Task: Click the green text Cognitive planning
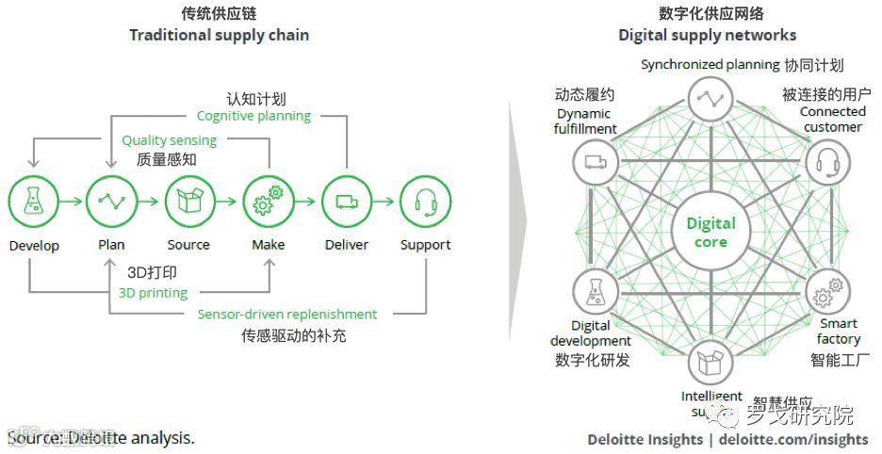(x=253, y=116)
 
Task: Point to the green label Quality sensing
(x=169, y=140)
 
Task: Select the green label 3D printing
(x=154, y=293)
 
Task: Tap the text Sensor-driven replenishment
(x=287, y=315)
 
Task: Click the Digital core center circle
(x=710, y=232)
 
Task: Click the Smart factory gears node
(x=827, y=294)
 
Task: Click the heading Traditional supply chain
(x=220, y=35)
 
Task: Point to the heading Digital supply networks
(x=707, y=35)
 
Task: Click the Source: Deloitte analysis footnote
(x=101, y=438)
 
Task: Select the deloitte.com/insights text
(x=792, y=439)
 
